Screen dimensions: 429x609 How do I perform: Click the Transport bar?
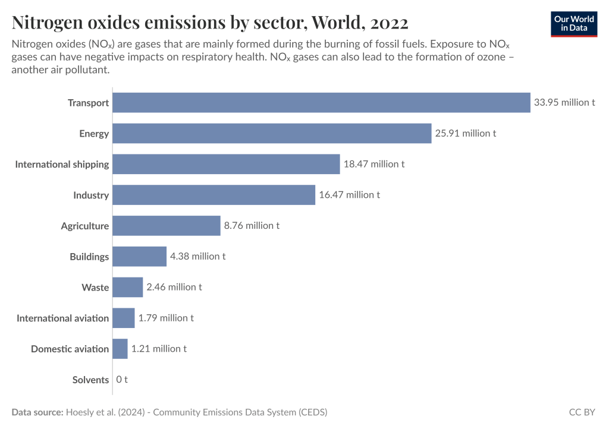[x=321, y=102]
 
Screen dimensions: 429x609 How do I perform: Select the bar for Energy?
[x=272, y=133]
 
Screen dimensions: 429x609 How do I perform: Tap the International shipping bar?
[x=226, y=164]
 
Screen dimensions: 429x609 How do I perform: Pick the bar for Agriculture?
[x=167, y=226]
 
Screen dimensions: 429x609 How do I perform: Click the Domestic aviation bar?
[x=120, y=349]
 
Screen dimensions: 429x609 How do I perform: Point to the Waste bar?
[x=128, y=287]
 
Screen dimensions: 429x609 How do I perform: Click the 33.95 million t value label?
[x=564, y=102]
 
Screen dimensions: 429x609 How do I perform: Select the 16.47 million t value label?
[x=349, y=195]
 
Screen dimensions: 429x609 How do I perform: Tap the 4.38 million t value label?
[x=198, y=257]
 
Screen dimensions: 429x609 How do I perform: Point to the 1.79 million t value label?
[x=166, y=318]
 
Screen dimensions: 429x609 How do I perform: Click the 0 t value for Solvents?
[x=122, y=380]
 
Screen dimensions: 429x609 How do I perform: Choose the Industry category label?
[x=91, y=195]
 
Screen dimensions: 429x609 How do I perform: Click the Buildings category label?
[x=89, y=257]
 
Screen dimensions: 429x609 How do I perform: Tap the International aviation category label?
[x=62, y=318]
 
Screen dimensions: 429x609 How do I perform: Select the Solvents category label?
[x=90, y=380]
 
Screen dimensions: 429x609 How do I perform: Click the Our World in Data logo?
[x=573, y=24]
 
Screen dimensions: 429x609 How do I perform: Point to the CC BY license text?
[x=582, y=412]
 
